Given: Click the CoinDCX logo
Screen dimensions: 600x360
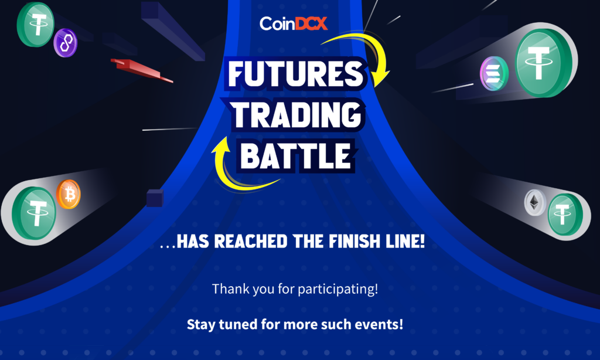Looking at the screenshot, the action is click(294, 23).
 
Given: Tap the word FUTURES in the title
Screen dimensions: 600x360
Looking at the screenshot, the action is click(296, 73).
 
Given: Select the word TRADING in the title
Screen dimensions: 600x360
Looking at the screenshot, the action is click(296, 114).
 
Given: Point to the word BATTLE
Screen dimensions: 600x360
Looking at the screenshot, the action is click(296, 156).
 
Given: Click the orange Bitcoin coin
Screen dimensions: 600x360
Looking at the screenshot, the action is click(69, 194).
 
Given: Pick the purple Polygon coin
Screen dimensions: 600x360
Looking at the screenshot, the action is click(66, 43).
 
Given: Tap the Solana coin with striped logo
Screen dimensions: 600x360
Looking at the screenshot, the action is click(494, 73).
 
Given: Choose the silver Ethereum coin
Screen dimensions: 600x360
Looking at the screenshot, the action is click(535, 202).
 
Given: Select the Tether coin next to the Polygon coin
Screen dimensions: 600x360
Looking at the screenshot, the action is click(36, 25).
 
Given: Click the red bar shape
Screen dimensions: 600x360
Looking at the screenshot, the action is click(142, 70).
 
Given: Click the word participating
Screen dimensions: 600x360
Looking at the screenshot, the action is click(337, 289).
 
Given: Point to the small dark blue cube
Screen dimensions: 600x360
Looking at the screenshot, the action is click(155, 198).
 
